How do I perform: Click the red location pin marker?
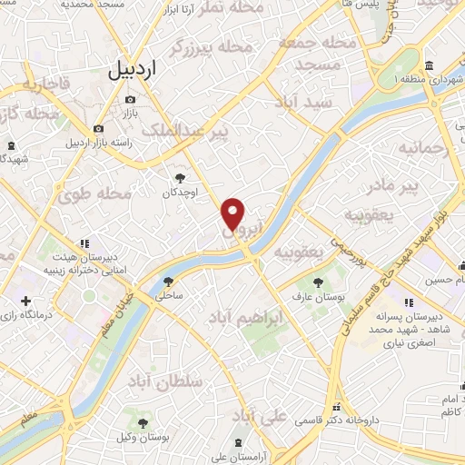tap(234, 214)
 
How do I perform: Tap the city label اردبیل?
tap(133, 68)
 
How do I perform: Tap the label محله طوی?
tap(96, 193)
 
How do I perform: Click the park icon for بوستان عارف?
tap(317, 282)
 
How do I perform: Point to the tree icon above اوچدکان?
tap(180, 179)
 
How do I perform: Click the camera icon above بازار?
tap(131, 99)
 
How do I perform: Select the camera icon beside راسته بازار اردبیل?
tap(99, 129)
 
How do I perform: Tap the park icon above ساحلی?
tap(168, 281)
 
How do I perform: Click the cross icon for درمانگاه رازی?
tap(25, 301)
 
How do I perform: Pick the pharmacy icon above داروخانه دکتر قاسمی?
tap(337, 408)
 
